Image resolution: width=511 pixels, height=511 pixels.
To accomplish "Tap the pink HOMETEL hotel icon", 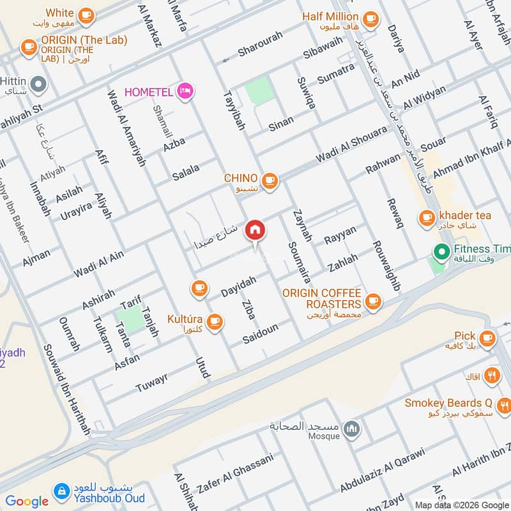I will point(186,92).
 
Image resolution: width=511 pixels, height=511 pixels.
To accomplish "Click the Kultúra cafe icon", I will point(215,321).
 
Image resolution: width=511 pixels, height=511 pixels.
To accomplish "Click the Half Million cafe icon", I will point(369,19).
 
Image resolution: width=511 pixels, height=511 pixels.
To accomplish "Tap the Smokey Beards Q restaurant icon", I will point(504,404).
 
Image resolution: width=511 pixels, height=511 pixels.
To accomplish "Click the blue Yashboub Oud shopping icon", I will point(62,491).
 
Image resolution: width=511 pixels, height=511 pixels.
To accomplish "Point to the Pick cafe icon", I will point(488,337).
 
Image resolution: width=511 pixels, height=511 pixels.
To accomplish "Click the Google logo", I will point(27,501).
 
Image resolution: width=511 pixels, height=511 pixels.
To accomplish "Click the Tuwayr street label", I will point(151,383).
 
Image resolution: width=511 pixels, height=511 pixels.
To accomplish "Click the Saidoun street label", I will point(260,334).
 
